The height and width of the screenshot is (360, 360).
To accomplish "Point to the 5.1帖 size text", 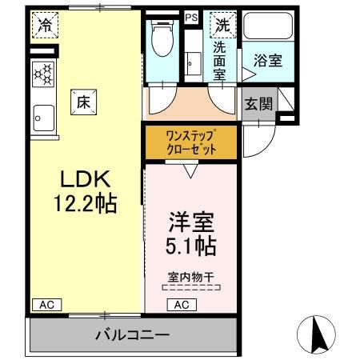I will coord(190,245).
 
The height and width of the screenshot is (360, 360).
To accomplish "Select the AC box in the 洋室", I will coord(181,304).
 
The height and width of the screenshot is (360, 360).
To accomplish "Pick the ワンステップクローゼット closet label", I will coord(190,142).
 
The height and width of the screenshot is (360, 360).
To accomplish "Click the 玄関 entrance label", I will coord(258,103).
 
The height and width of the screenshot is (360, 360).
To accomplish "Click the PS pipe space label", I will coord(191,17).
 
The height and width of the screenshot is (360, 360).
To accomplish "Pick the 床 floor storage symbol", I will coord(83,102).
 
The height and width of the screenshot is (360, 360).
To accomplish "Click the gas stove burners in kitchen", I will coord(43,75).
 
